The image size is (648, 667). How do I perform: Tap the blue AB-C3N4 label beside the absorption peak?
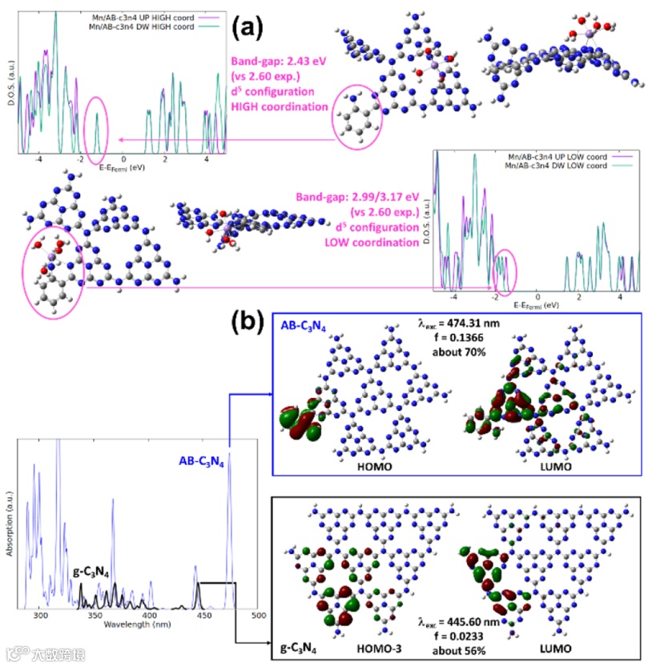click(x=201, y=463)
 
